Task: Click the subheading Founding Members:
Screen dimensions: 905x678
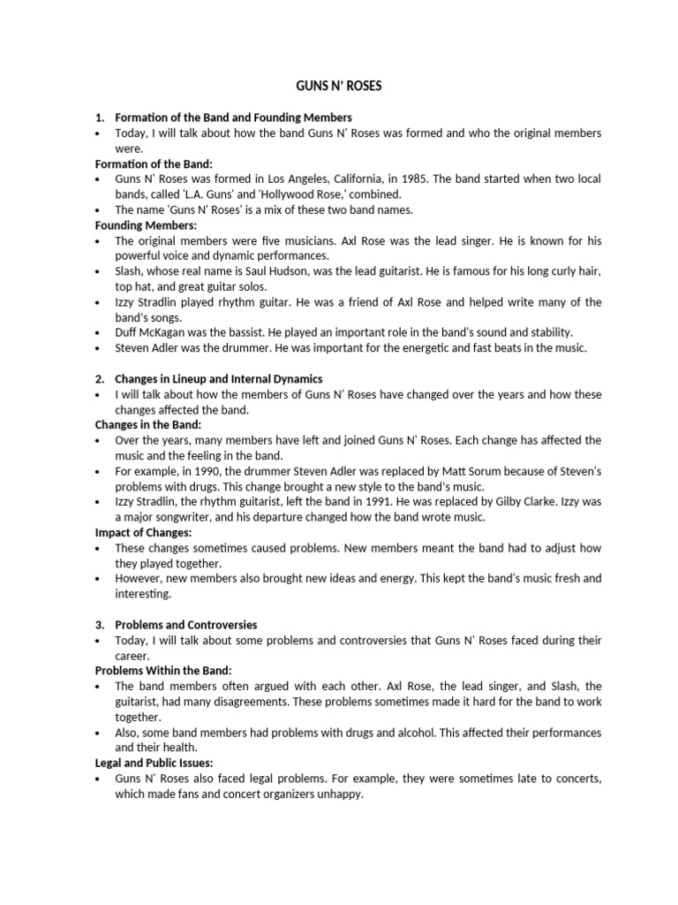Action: [146, 225]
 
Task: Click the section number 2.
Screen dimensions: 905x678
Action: [99, 378]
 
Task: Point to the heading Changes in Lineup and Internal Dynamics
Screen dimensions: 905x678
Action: [218, 378]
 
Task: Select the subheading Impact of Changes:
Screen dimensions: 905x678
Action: [143, 532]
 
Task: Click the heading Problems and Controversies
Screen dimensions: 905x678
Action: [185, 624]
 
